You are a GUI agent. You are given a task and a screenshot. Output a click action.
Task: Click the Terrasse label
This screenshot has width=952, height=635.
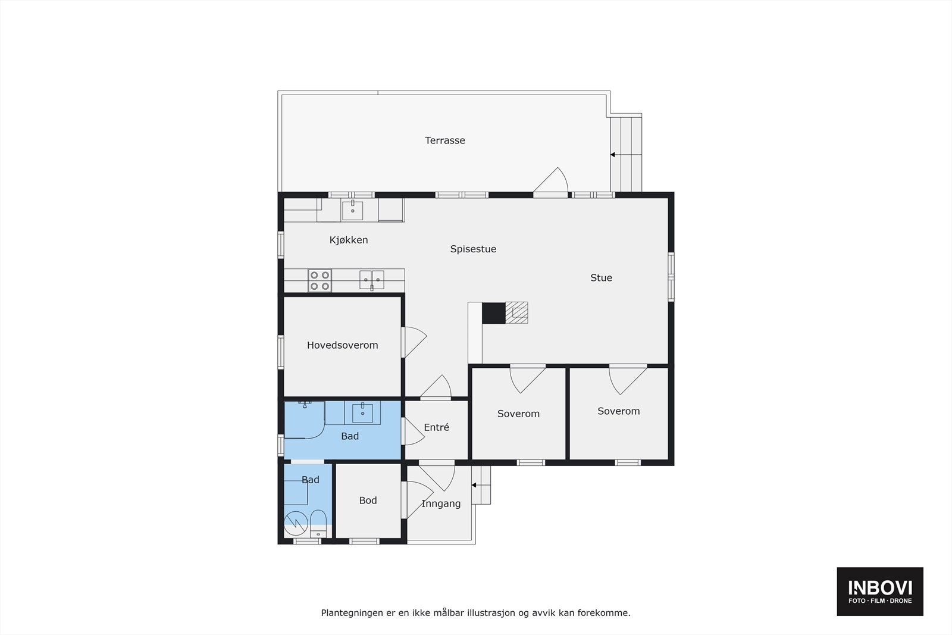(x=444, y=140)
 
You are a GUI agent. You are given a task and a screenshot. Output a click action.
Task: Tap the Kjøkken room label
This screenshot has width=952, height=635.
(x=349, y=240)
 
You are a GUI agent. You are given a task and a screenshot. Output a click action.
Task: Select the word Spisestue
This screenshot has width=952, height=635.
(x=473, y=249)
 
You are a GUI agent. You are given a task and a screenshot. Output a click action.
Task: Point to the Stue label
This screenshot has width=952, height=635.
(x=601, y=277)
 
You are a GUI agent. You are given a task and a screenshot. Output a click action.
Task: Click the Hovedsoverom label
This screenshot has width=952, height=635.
(x=342, y=345)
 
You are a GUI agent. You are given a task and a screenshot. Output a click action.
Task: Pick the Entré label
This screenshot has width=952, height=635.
(x=436, y=427)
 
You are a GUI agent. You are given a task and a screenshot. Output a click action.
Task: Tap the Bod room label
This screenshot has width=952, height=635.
(x=368, y=501)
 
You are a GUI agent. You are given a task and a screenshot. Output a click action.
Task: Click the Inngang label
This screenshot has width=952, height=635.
(x=441, y=503)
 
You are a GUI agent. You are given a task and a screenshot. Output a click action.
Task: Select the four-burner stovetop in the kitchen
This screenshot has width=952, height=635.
(x=320, y=280)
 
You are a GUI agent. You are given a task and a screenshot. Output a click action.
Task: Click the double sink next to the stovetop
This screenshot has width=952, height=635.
(x=371, y=279)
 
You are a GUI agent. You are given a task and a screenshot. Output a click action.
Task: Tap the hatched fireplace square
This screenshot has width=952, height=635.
(x=516, y=312)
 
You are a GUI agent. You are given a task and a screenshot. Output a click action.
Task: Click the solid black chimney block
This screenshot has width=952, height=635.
(x=493, y=313)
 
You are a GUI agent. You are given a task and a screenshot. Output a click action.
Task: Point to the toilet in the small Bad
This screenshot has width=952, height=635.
(x=318, y=523)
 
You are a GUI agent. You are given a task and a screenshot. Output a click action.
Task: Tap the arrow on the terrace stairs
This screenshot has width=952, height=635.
(x=613, y=155)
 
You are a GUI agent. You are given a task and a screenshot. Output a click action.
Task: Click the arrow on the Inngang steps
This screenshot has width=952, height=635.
(x=474, y=485)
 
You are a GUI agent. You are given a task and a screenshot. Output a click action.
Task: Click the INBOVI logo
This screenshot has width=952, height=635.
(x=880, y=591)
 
